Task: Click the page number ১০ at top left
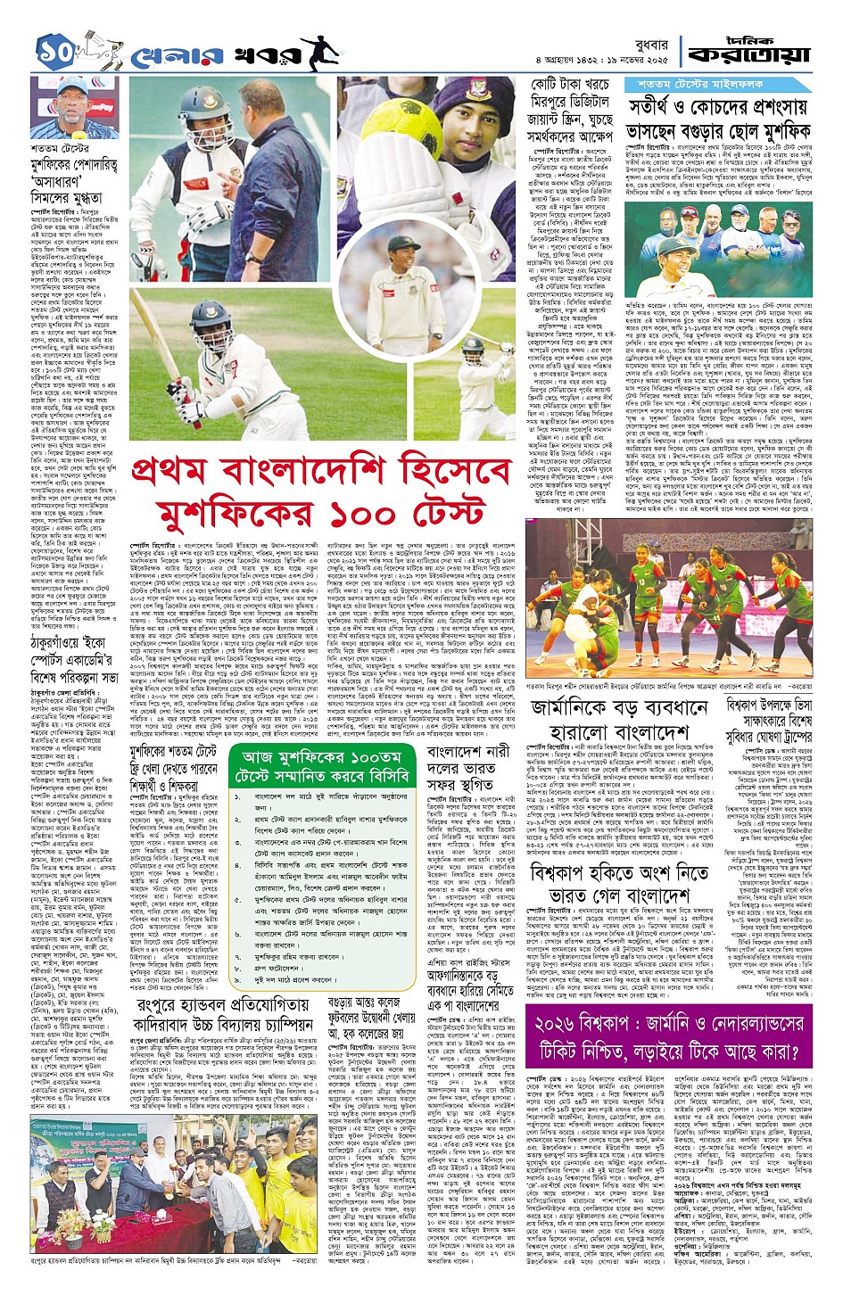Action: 58,50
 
